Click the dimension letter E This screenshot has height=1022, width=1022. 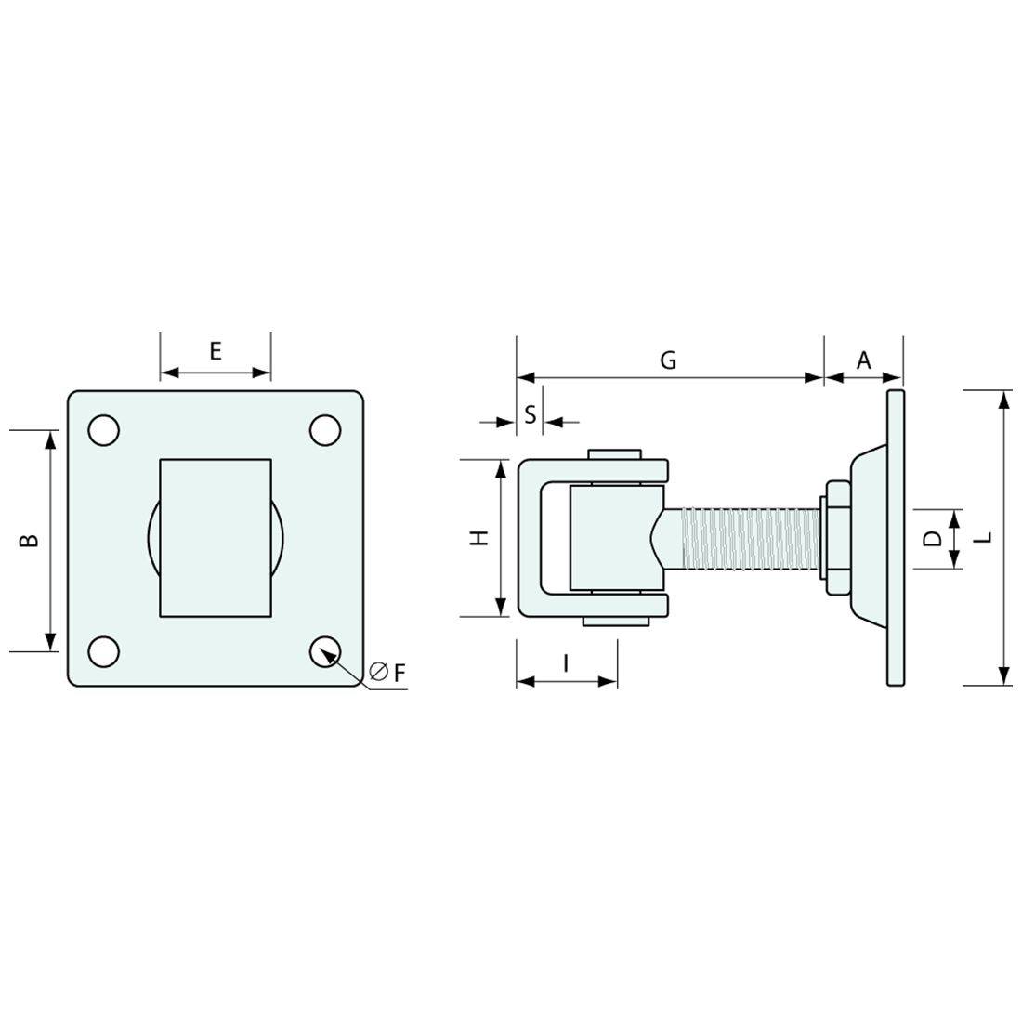[216, 350]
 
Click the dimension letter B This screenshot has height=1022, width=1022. [30, 540]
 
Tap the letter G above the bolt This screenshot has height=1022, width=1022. [668, 360]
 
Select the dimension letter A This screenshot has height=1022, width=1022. [864, 360]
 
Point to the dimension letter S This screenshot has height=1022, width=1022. [530, 414]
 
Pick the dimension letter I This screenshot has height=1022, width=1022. [566, 662]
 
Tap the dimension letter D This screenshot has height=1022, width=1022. [933, 538]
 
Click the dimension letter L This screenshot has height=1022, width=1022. [986, 537]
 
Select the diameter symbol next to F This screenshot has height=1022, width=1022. [378, 672]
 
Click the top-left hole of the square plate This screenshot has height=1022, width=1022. [103, 430]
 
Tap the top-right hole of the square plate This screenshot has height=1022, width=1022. [325, 430]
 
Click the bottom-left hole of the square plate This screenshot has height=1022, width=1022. [103, 650]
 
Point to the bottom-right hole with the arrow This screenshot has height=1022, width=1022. [325, 650]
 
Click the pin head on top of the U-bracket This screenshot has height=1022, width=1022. [614, 454]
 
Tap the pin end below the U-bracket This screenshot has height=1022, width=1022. [614, 622]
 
